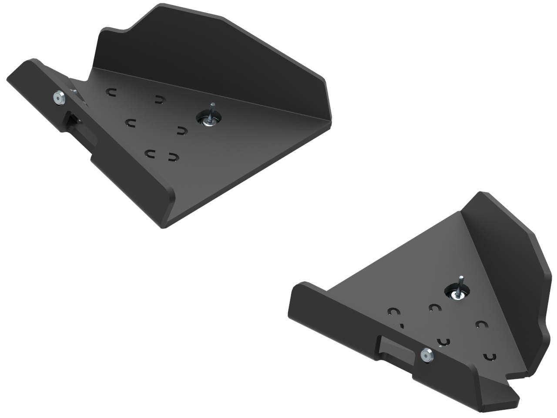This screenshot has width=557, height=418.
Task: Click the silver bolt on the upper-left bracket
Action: pyautogui.click(x=58, y=98)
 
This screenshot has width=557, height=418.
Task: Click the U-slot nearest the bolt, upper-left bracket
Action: pyautogui.click(x=112, y=92)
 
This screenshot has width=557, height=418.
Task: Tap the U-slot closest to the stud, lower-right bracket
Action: pyautogui.click(x=434, y=307)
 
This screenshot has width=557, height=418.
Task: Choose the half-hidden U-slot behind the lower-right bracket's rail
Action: pyautogui.click(x=399, y=325)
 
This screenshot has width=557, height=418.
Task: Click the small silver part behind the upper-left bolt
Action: pyautogui.click(x=74, y=92)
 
